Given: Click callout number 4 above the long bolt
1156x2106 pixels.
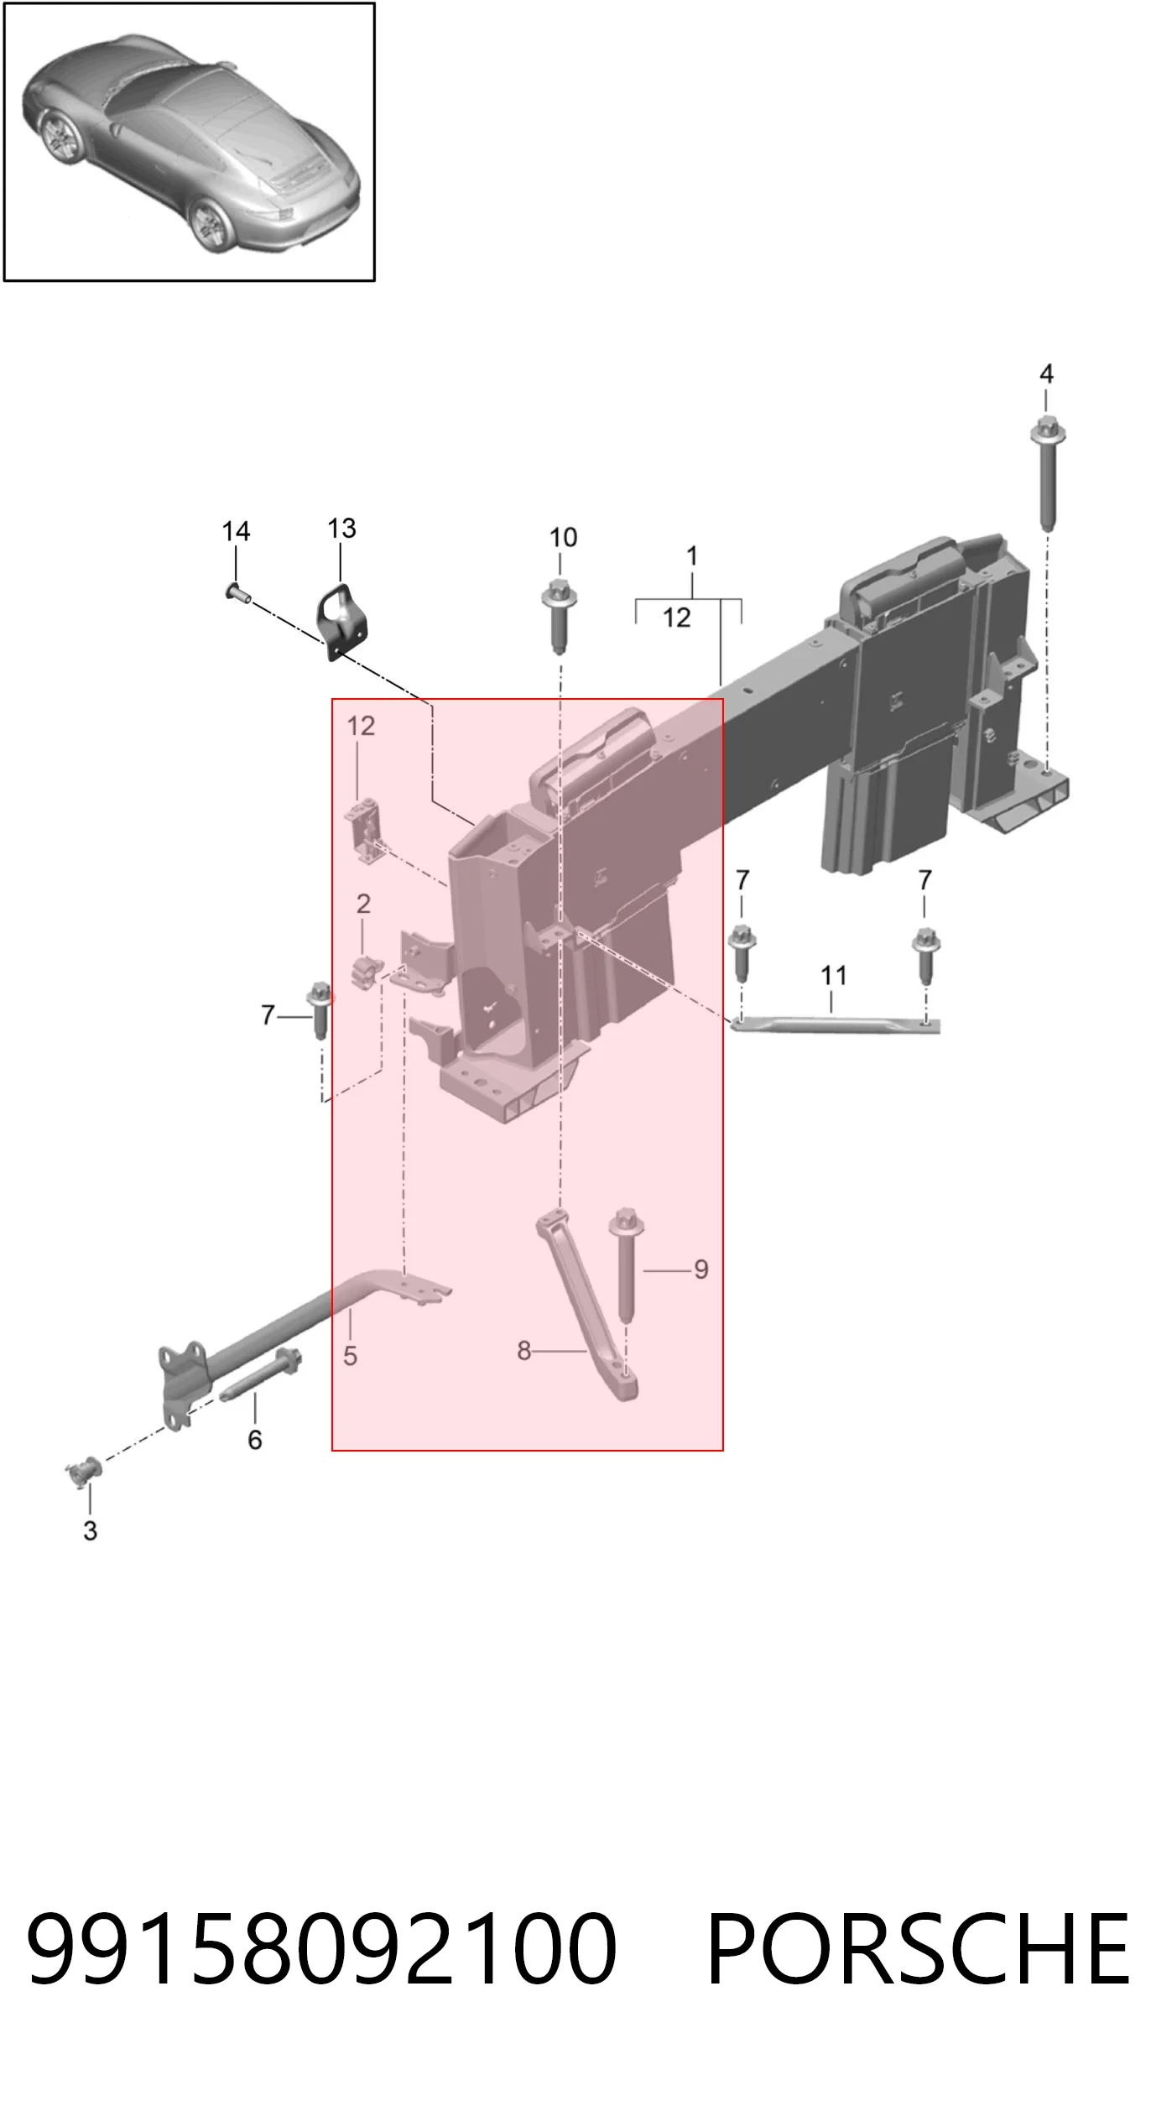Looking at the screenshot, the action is tap(1046, 374).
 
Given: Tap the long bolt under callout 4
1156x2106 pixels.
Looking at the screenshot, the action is tap(1047, 473).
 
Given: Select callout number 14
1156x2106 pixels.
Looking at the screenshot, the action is tap(236, 531).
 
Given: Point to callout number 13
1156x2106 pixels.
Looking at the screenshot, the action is tap(341, 529).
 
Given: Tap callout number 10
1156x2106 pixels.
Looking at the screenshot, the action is tap(563, 537).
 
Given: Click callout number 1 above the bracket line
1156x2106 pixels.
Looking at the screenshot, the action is tap(692, 556).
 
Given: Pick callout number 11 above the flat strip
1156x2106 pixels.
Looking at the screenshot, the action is tap(833, 975).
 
